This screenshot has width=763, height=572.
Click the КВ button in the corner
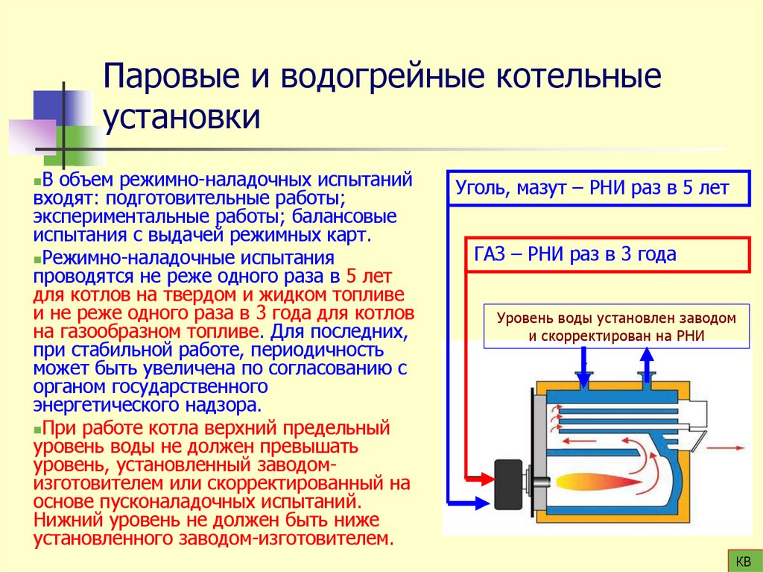pos(743,560)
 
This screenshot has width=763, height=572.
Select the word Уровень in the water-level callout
pos(521,318)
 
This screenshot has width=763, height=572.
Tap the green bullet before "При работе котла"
pos(37,430)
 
